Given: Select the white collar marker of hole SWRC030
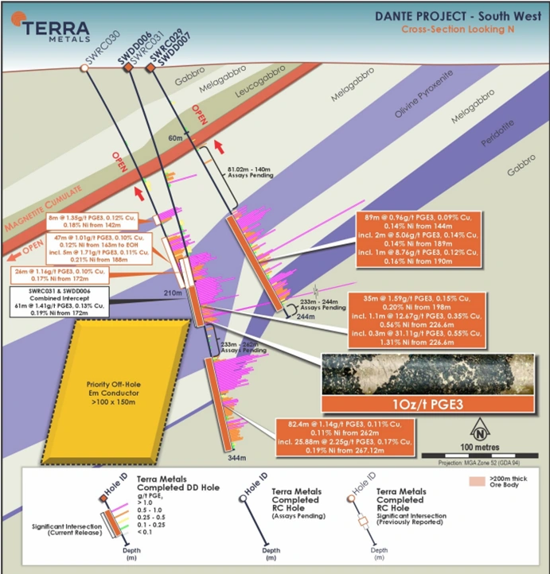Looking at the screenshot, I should (x=84, y=69).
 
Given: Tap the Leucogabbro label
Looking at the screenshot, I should (x=259, y=93).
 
